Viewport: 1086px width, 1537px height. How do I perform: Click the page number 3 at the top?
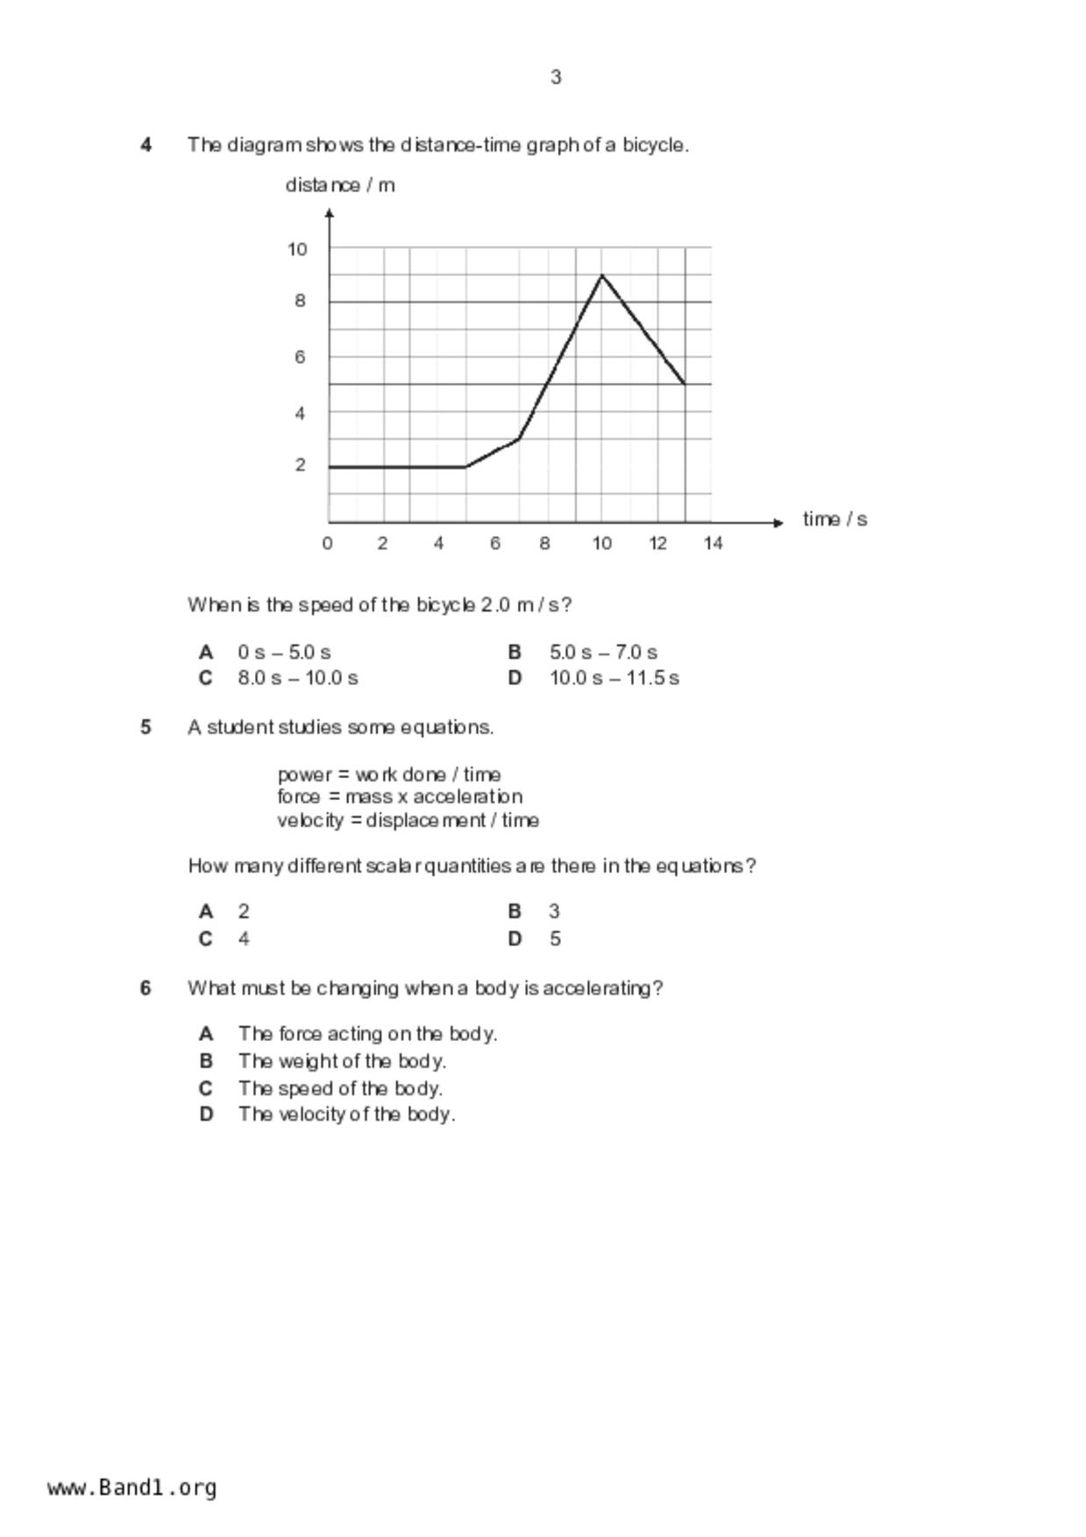click(556, 77)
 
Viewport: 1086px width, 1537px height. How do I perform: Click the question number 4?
click(146, 145)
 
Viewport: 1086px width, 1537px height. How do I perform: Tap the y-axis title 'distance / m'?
click(340, 185)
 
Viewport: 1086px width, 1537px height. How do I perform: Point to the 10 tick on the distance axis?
click(297, 250)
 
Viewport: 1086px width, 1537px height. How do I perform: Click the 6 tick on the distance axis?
click(300, 357)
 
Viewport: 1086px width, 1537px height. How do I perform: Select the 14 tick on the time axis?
click(713, 543)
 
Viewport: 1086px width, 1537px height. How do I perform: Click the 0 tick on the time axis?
click(327, 543)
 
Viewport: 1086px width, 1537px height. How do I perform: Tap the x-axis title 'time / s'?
click(834, 520)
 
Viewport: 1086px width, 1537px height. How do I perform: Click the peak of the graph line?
click(601, 275)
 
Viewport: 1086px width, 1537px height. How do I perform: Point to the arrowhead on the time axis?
click(778, 522)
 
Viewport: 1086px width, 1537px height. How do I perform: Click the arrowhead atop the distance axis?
click(329, 213)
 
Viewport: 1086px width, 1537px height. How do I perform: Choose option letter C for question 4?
click(206, 678)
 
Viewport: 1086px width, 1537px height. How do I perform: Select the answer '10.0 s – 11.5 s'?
click(614, 678)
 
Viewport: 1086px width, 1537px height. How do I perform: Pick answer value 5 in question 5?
click(555, 939)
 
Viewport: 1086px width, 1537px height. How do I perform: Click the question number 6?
click(146, 988)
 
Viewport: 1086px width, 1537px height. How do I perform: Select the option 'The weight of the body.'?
click(342, 1061)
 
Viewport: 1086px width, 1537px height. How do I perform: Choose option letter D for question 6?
click(206, 1115)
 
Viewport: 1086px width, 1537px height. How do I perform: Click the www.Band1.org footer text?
click(132, 1488)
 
